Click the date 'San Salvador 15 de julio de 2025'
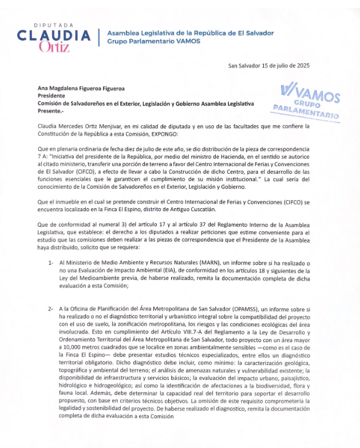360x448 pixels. (269, 65)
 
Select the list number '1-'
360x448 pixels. (51, 263)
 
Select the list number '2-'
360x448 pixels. (51, 309)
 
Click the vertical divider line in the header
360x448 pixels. (99, 38)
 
